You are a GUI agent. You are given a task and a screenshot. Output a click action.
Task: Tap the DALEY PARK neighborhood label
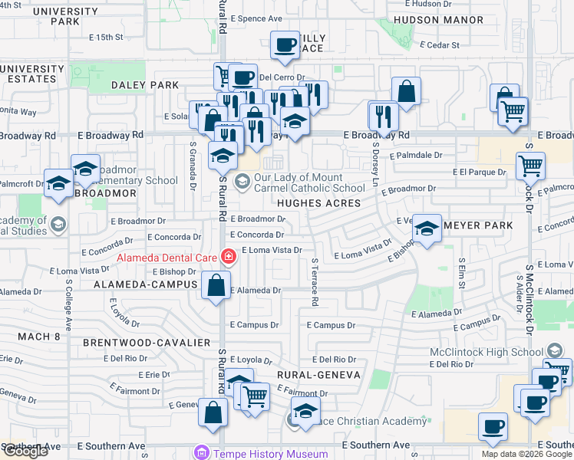click(145, 85)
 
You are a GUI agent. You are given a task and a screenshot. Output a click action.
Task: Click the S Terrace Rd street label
click(314, 282)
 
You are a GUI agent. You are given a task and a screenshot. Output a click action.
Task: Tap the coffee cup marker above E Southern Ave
click(493, 426)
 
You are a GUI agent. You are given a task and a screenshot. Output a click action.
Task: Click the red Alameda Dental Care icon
click(227, 256)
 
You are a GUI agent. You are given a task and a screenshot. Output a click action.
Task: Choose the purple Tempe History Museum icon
click(202, 453)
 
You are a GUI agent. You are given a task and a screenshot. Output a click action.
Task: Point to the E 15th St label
click(105, 37)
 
